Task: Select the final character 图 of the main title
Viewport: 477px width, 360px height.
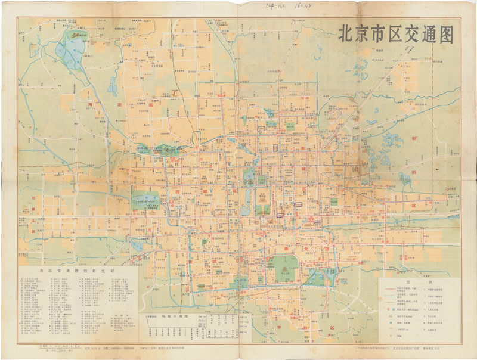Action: coord(442,34)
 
